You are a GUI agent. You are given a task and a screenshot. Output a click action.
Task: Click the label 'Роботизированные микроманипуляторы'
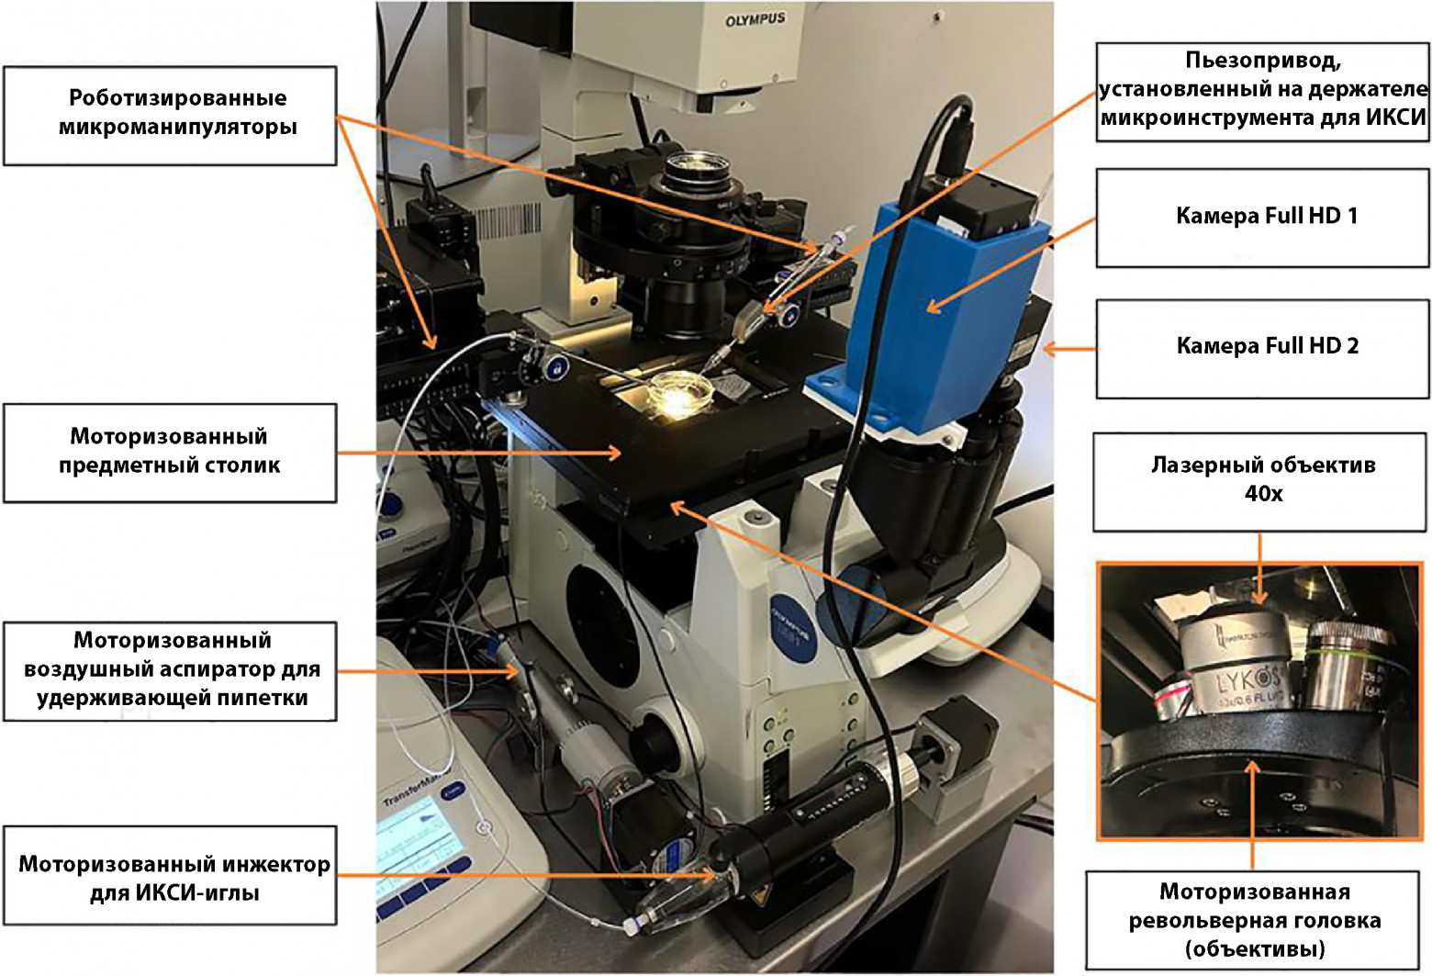tap(170, 114)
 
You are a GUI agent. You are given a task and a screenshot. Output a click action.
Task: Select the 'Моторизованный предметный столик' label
tap(170, 451)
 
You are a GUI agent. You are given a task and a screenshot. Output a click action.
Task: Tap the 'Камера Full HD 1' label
tap(1263, 217)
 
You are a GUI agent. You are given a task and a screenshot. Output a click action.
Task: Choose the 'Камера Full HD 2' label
tap(1263, 347)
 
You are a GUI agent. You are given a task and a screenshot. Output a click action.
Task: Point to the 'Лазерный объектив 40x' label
tap(1263, 479)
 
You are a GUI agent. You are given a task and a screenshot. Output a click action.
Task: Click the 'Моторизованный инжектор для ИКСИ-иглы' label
tap(173, 877)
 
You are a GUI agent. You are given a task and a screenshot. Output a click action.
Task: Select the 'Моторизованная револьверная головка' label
tap(1254, 919)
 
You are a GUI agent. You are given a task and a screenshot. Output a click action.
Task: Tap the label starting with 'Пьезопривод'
tap(1263, 89)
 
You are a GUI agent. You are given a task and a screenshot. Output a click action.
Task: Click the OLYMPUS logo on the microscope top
tap(755, 19)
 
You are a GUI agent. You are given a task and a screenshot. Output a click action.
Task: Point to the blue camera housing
tap(945, 312)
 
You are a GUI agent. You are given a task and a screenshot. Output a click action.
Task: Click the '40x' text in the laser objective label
tap(1263, 494)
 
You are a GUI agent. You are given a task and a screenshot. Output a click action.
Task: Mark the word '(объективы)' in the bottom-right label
tap(1254, 948)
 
